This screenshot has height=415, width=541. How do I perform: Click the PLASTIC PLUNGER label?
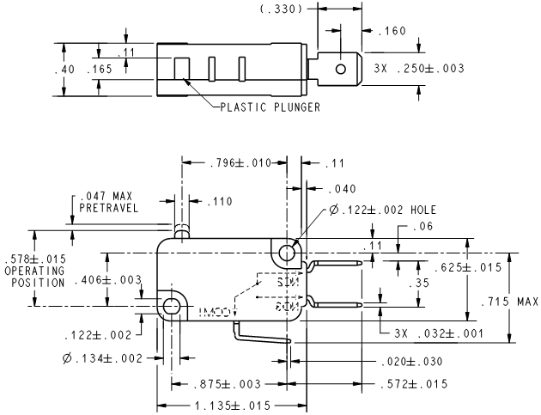coord(270,107)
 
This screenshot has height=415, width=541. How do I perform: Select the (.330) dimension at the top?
coord(281,9)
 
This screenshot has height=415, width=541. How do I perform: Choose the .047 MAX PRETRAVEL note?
coord(105,201)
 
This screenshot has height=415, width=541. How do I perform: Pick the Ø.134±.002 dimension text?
coord(104,357)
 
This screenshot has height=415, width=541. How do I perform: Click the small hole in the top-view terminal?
coord(341,67)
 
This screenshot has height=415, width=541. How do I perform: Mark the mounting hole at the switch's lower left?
coord(172,306)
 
